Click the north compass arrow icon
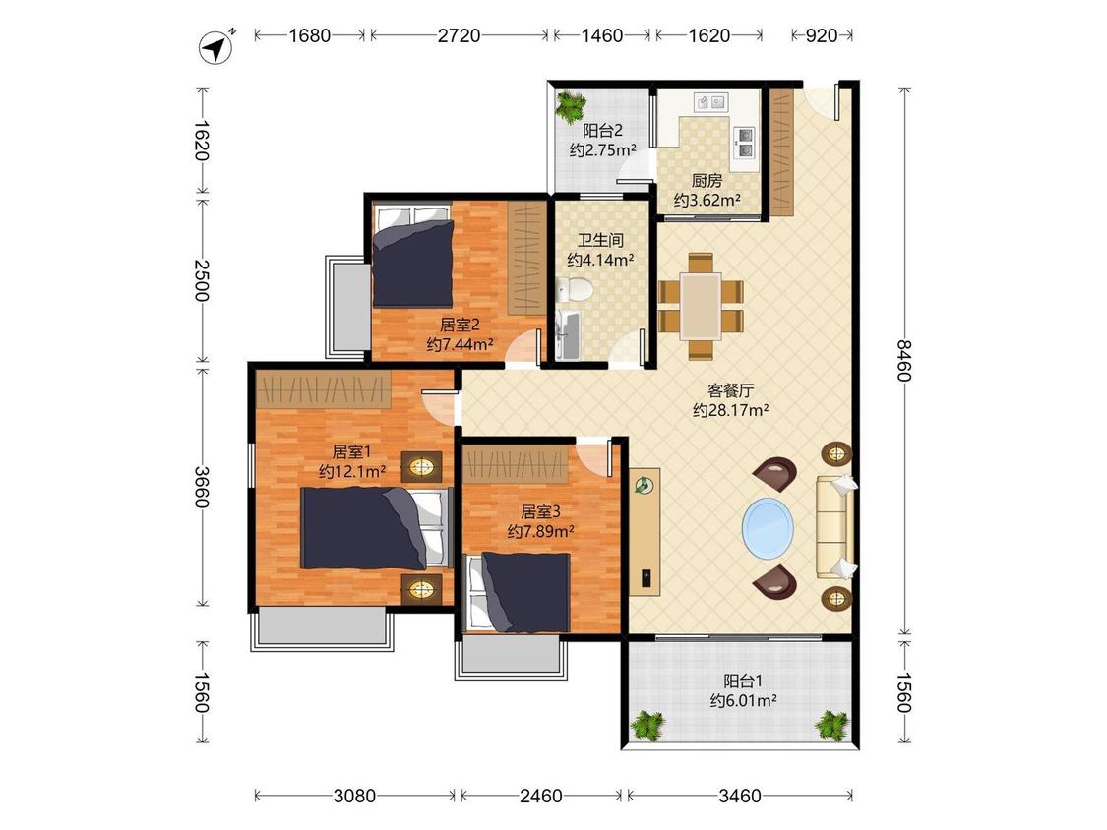click(x=216, y=48)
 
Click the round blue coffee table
click(x=768, y=526)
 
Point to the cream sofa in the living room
click(x=835, y=525)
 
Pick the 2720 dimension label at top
click(x=459, y=35)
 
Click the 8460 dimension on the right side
click(x=904, y=360)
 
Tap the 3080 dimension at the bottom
click(x=354, y=797)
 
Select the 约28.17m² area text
click(x=731, y=410)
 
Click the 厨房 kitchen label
click(x=707, y=181)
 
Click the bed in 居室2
click(x=413, y=256)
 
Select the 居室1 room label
click(x=351, y=451)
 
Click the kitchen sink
click(x=711, y=103)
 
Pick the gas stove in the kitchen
click(x=746, y=142)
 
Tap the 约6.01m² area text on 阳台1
click(x=744, y=701)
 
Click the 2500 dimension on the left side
click(x=202, y=280)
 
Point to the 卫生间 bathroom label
click(x=601, y=241)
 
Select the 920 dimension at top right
click(x=821, y=35)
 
